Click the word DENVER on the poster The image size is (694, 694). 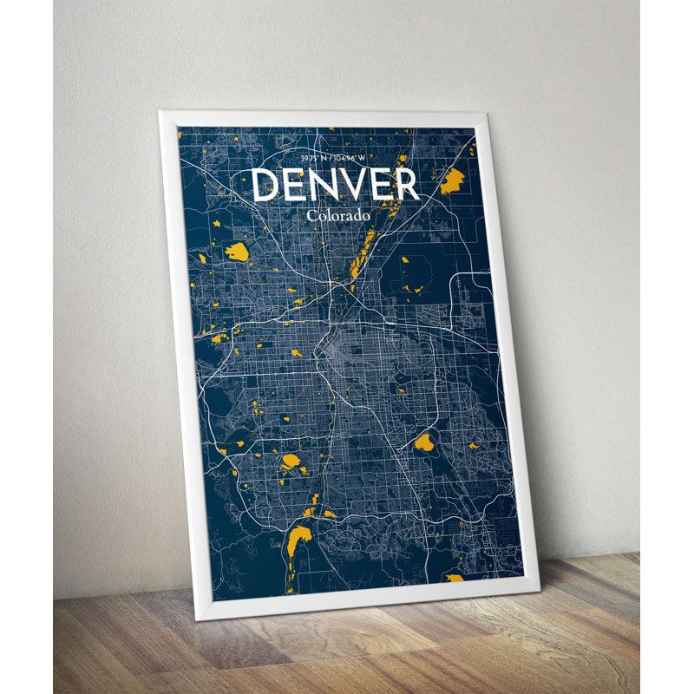click(x=336, y=184)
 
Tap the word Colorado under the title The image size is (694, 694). click(x=338, y=214)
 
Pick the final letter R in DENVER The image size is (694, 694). click(x=406, y=184)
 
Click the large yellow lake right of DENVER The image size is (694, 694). click(x=452, y=181)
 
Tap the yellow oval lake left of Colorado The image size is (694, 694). click(x=237, y=252)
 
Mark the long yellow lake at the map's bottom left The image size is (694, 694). click(x=297, y=544)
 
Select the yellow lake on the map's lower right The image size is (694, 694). click(x=423, y=443)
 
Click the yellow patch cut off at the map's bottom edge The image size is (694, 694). click(x=454, y=577)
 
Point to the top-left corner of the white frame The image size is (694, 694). click(x=161, y=112)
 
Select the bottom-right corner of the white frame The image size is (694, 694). click(x=538, y=587)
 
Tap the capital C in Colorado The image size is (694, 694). click(x=311, y=214)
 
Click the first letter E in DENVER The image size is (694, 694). click(x=296, y=184)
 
